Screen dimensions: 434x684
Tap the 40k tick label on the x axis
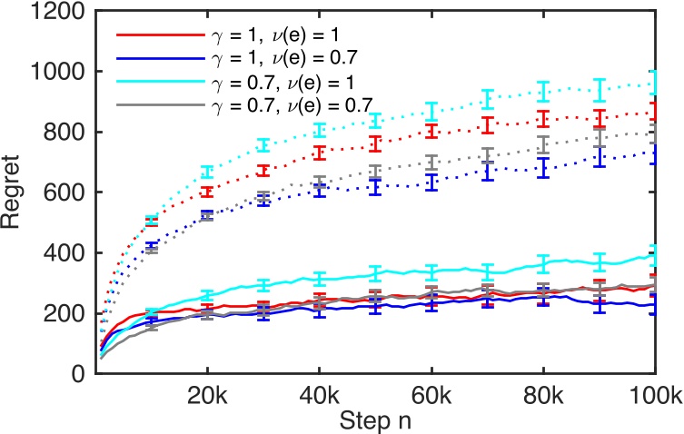pyautogui.click(x=319, y=396)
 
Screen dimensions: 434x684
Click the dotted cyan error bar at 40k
pyautogui.click(x=319, y=130)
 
